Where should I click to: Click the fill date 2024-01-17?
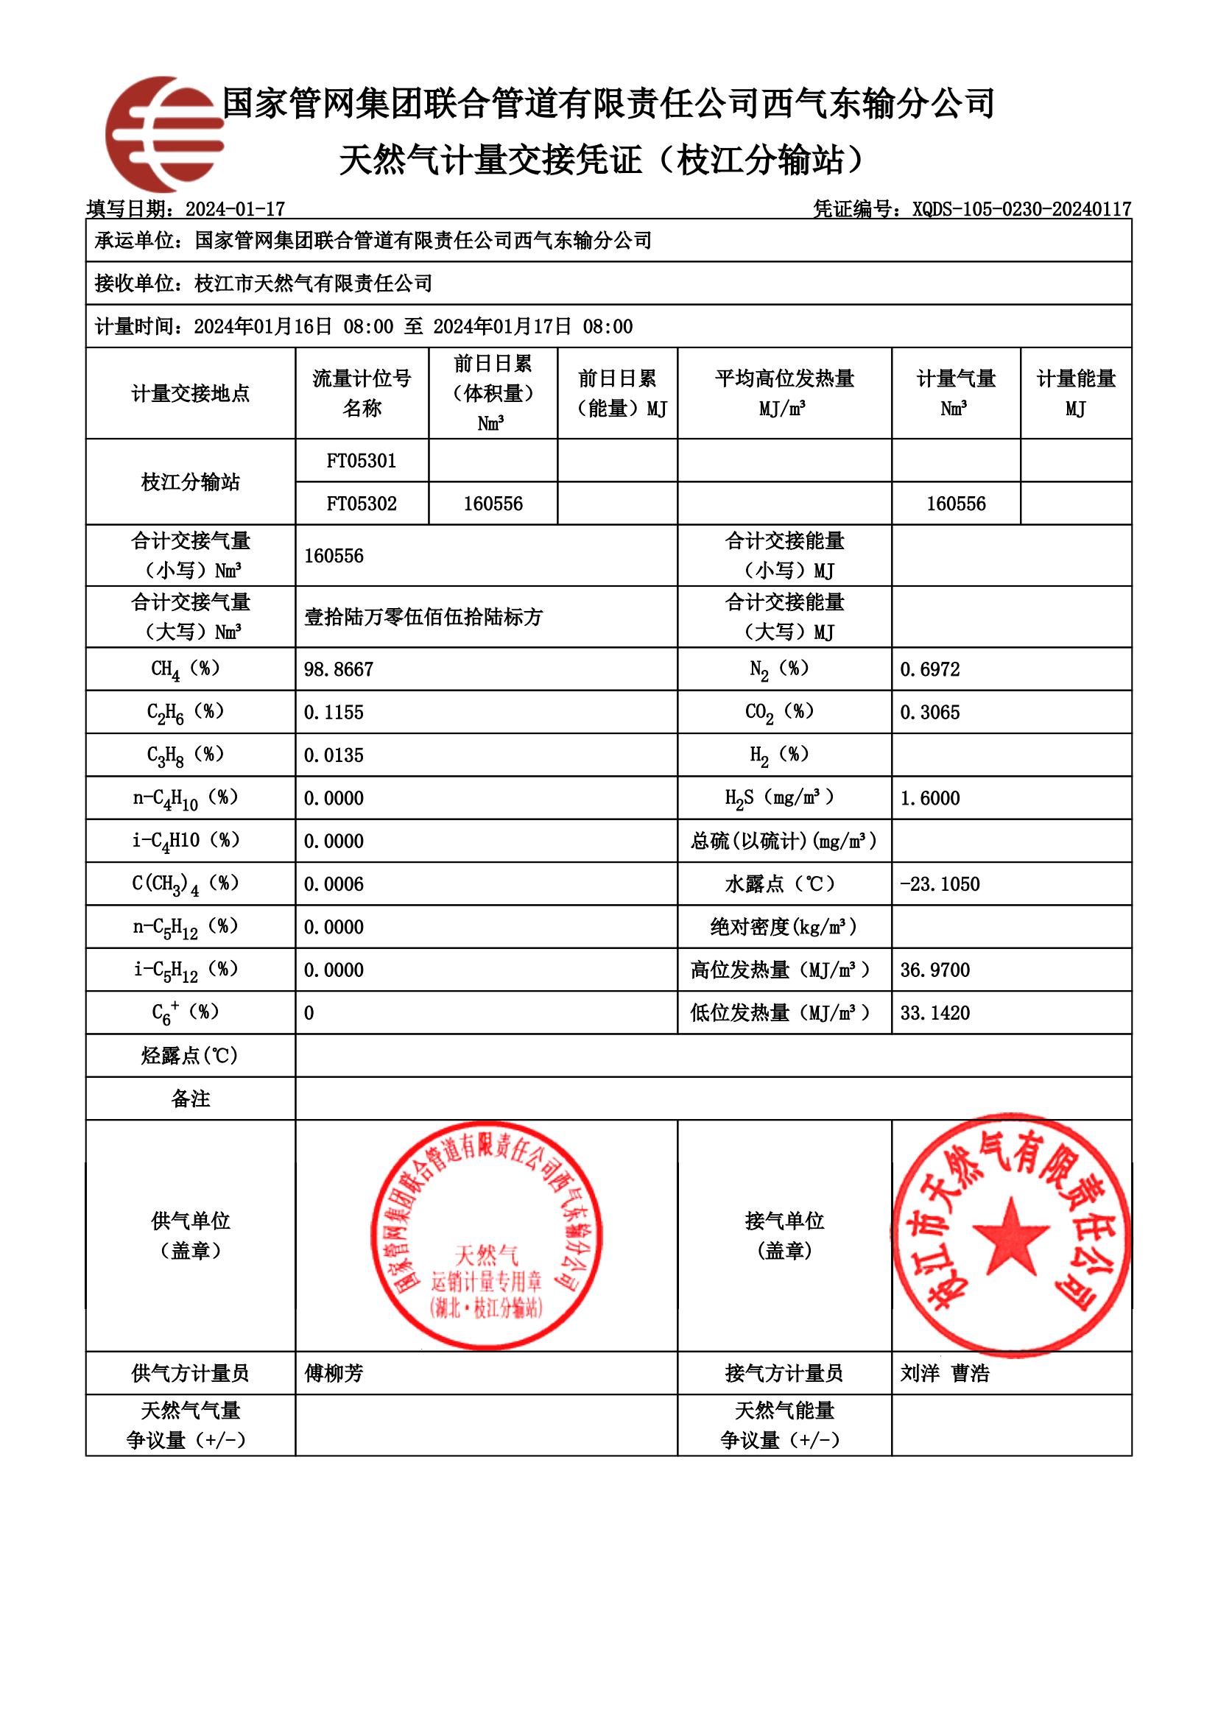235,208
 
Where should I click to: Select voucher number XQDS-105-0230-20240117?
1021,208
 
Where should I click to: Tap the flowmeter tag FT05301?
362,460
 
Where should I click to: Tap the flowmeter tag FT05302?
362,504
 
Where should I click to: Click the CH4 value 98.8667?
338,669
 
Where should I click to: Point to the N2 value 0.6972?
929,669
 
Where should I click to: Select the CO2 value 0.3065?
929,712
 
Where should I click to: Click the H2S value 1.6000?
929,798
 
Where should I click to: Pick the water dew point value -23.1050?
939,883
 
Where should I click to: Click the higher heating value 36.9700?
934,970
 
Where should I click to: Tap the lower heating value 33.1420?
934,1012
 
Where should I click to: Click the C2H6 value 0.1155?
333,712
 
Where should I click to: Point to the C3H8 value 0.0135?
333,755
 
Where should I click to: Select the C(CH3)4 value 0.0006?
333,883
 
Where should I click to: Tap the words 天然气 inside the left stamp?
486,1254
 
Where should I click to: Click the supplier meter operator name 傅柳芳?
334,1373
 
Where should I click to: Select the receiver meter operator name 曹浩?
971,1373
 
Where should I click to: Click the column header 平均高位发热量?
784,378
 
